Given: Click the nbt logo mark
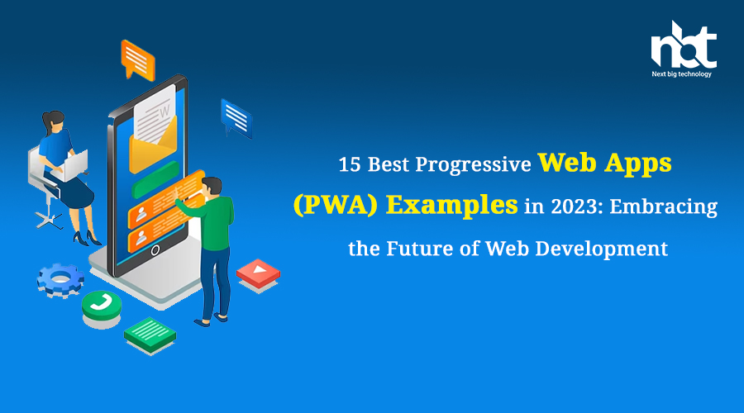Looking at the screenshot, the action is [684, 45].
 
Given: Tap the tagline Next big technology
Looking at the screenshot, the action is [681, 74].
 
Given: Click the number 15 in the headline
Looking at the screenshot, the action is [350, 165].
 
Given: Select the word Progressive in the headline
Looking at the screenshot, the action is [473, 165].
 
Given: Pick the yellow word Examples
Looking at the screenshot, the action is [451, 206].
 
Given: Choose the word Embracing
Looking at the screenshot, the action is [663, 207].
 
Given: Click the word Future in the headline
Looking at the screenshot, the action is [419, 249].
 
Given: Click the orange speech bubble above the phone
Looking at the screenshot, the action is [137, 60].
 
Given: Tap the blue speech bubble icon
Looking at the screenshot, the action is [236, 118].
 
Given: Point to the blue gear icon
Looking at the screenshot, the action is [60, 279].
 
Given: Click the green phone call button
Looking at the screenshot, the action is [102, 306].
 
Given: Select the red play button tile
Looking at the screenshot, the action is [258, 273].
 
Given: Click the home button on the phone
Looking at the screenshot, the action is [155, 251].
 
